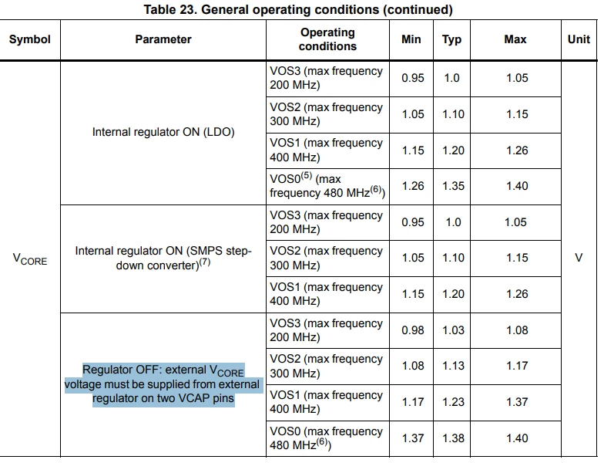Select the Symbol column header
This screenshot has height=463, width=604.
click(x=29, y=39)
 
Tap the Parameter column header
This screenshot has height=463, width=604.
click(x=163, y=39)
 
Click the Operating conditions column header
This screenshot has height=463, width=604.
click(x=327, y=39)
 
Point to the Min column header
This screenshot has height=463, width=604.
click(x=411, y=39)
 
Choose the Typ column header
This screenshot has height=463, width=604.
click(x=451, y=39)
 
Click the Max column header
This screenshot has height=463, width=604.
click(x=515, y=39)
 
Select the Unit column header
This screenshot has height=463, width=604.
click(x=579, y=39)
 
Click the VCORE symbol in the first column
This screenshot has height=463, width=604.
click(x=29, y=259)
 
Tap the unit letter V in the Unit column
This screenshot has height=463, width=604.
click(x=579, y=258)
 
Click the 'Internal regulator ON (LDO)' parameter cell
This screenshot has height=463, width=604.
click(x=163, y=132)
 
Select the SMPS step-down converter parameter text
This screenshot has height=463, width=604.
click(x=163, y=258)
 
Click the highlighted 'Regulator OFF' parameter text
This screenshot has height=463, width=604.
click(x=163, y=384)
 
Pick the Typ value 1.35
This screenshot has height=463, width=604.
click(x=453, y=186)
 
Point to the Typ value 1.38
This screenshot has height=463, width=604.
click(x=453, y=438)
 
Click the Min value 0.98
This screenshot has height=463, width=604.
click(x=413, y=330)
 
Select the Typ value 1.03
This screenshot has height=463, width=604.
click(x=453, y=330)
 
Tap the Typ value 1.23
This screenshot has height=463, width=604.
click(x=453, y=402)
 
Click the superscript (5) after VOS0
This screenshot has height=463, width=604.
click(x=307, y=176)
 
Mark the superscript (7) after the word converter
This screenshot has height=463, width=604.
click(x=205, y=262)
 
